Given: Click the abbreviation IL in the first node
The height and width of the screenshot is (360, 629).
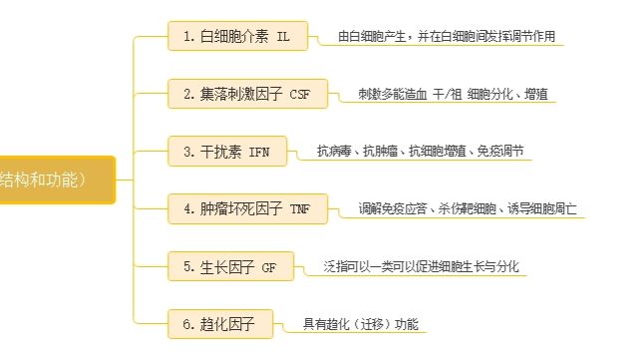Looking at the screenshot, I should [285, 37].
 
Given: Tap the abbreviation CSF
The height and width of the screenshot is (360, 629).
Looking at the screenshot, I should [300, 95].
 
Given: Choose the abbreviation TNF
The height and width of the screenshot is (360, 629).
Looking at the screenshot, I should [300, 209].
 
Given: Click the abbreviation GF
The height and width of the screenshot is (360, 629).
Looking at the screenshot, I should [269, 267].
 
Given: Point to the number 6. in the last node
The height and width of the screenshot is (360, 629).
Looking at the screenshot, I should [189, 324].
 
